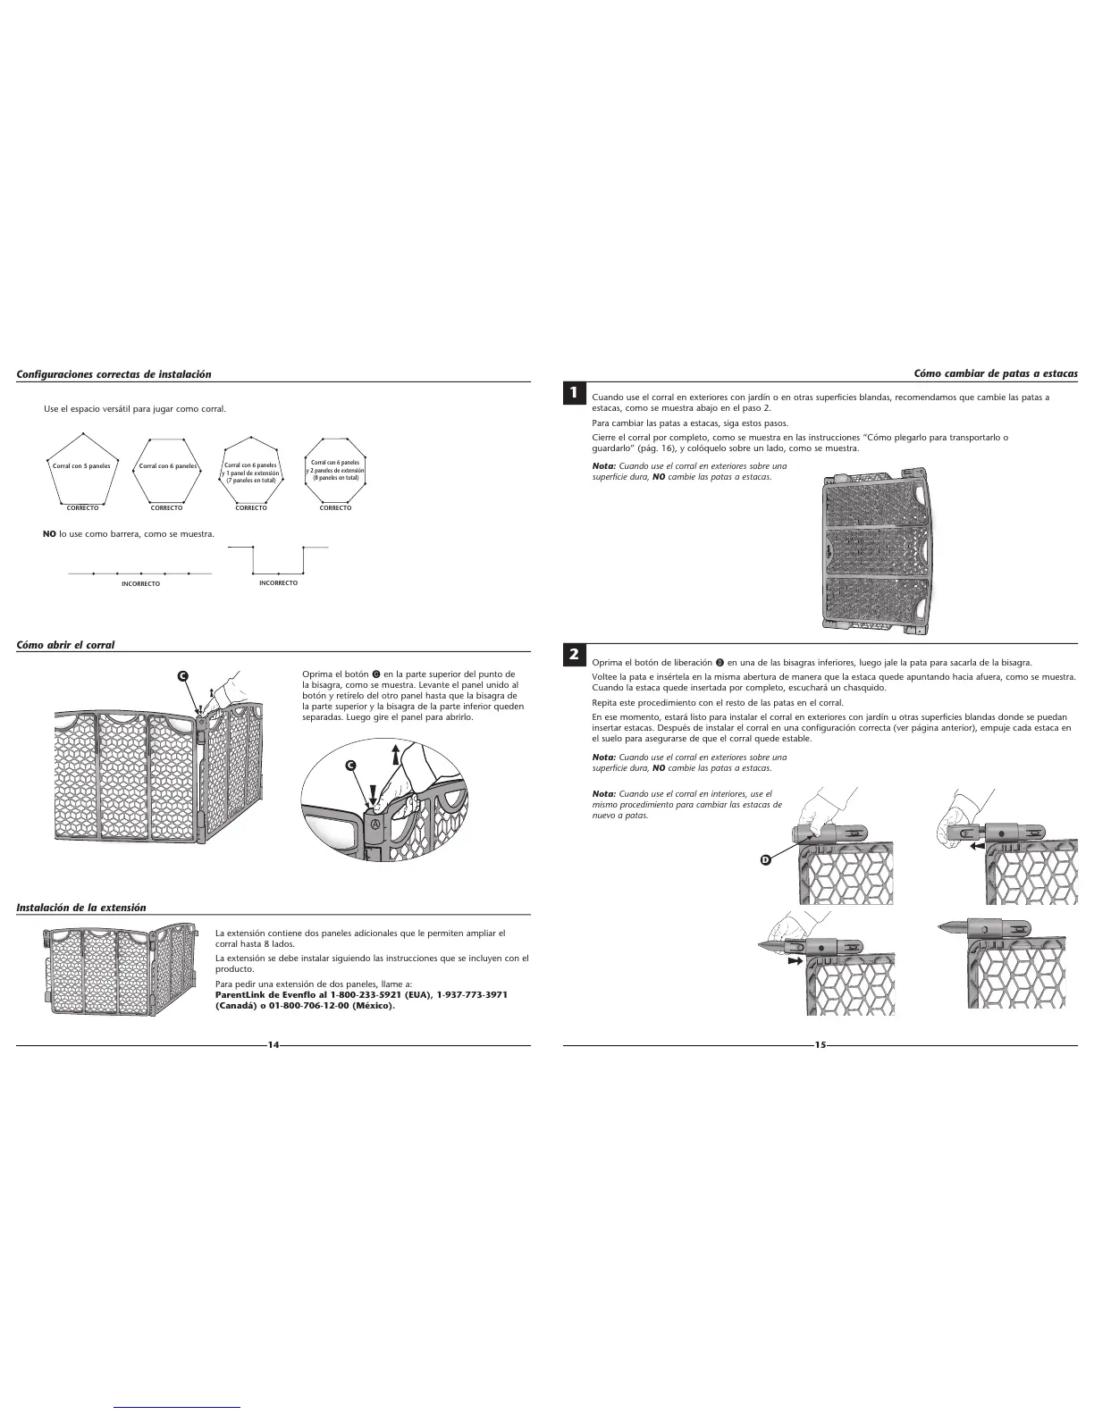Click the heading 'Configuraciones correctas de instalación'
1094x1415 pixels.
click(114, 373)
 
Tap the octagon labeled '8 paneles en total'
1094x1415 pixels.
click(335, 471)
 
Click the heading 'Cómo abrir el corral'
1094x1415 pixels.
click(65, 644)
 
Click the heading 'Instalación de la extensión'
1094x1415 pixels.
click(81, 907)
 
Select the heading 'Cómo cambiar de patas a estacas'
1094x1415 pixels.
click(995, 373)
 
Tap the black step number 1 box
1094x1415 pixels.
click(573, 393)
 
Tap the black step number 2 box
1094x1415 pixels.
click(573, 655)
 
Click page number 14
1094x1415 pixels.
click(273, 1045)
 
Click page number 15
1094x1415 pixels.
click(820, 1045)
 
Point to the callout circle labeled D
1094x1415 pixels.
click(765, 859)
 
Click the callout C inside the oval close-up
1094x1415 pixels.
click(351, 766)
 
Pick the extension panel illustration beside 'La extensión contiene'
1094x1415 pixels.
click(122, 972)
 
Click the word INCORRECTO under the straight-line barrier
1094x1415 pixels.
click(140, 584)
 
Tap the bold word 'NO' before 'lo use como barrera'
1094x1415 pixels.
click(50, 534)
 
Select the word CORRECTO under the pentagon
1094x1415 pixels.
click(82, 508)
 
